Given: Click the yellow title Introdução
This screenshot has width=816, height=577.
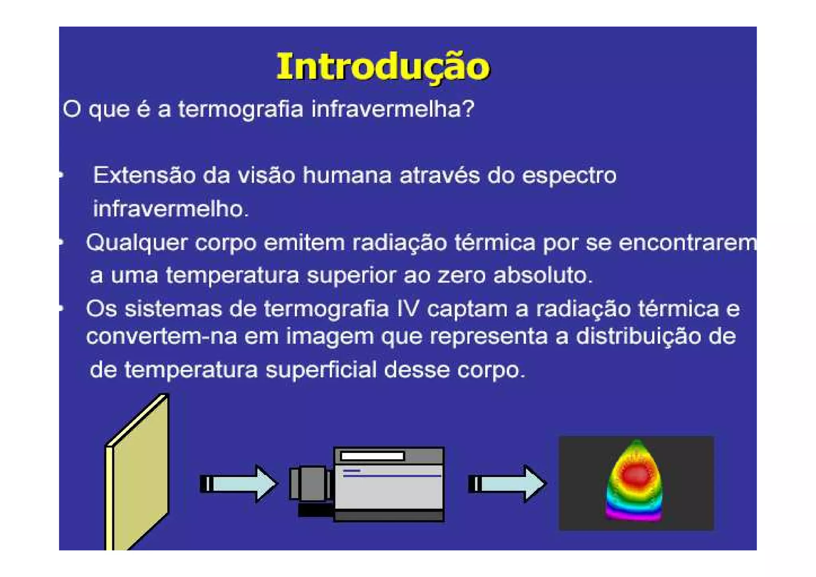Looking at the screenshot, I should click(x=383, y=67).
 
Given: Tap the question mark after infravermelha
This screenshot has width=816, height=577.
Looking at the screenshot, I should click(x=469, y=108).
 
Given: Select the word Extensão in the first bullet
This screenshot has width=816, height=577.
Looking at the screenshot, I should click(x=144, y=175).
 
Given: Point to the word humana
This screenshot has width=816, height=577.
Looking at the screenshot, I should click(x=347, y=175).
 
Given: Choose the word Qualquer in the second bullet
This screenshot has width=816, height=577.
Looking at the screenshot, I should click(x=136, y=243).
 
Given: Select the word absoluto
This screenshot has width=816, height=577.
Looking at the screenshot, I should click(x=543, y=275).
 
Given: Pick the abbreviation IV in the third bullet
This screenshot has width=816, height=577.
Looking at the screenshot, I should click(x=408, y=309).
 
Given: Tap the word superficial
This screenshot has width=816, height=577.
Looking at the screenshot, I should click(x=321, y=370).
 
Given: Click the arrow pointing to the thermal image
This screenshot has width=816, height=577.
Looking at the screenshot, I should click(x=507, y=483).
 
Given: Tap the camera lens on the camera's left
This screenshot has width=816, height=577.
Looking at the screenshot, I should click(x=311, y=483).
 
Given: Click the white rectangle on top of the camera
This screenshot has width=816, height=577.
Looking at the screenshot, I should click(x=373, y=456).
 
